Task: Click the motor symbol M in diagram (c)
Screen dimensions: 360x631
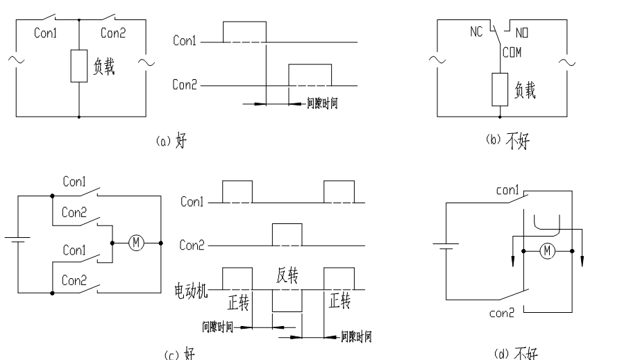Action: [135, 243]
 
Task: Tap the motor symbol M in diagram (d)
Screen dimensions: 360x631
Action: [547, 250]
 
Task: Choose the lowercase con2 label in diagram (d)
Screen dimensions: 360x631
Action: [502, 312]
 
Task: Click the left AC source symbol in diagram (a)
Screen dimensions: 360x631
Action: [15, 60]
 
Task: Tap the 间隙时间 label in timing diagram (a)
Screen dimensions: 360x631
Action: [322, 105]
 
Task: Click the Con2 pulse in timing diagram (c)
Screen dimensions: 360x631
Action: [287, 234]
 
